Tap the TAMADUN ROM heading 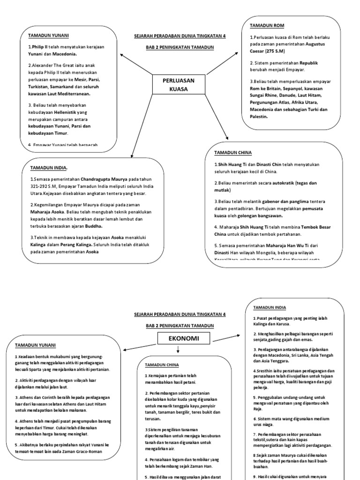267,25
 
